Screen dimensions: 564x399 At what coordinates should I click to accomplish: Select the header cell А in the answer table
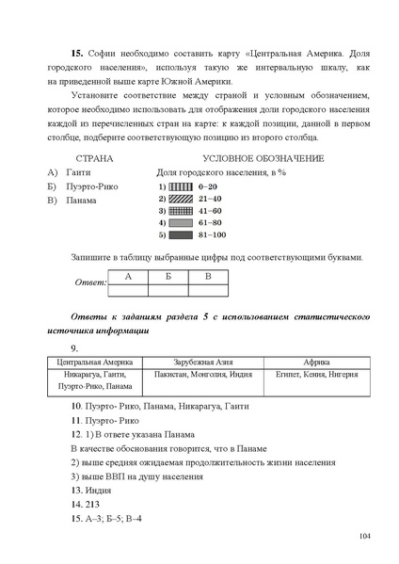(x=126, y=276)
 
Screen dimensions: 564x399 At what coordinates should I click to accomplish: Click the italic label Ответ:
(x=88, y=282)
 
